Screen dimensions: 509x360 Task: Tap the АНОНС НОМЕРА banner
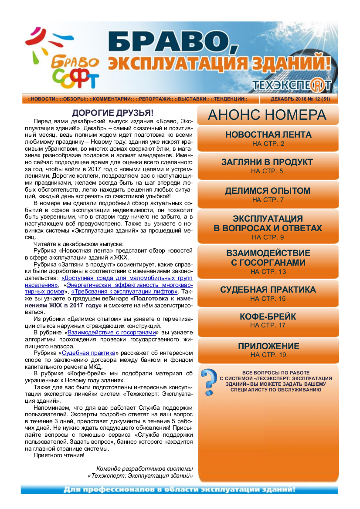267,115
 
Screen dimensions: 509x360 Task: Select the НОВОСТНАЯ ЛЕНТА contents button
268,138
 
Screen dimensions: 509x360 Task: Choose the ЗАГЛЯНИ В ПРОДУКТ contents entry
267,165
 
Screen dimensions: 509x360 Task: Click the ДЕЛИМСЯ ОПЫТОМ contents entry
268,194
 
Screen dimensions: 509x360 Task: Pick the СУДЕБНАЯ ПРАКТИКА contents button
268,293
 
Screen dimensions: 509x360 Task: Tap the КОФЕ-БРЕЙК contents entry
268,320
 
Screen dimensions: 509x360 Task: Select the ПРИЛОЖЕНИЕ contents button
268,350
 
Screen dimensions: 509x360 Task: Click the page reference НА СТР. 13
268,272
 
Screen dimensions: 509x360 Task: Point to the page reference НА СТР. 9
268,237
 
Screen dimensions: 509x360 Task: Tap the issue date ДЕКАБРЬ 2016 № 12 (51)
300,99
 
